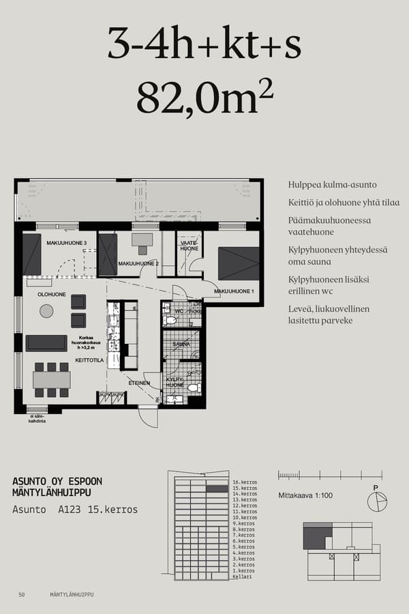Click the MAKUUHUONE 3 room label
(x=66, y=243)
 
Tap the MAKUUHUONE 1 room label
(x=234, y=291)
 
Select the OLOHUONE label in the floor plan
(x=51, y=294)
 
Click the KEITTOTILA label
(x=89, y=360)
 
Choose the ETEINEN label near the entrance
(x=139, y=383)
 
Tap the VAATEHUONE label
(x=189, y=246)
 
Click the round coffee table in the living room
(x=46, y=311)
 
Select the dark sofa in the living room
(x=46, y=342)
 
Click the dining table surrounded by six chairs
(x=52, y=379)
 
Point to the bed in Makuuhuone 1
(x=239, y=263)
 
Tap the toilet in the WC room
(x=170, y=320)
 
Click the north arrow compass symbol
(x=376, y=501)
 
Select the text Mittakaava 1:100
(x=305, y=495)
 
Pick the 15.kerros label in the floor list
(x=244, y=488)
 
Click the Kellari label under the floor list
(x=241, y=577)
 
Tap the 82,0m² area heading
(x=204, y=98)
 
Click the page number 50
(x=22, y=595)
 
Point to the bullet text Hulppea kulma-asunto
(x=332, y=185)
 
